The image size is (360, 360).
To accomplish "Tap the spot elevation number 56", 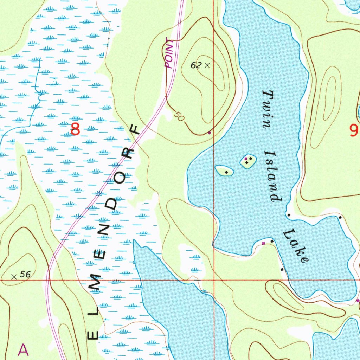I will point(25,275).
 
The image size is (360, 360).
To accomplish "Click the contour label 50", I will point(179,117).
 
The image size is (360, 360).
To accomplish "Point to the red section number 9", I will point(354,130).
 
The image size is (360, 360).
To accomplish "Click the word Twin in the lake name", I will point(267,110).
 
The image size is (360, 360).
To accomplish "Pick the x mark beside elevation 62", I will point(207,65).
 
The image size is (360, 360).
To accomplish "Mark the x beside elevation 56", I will point(14,277).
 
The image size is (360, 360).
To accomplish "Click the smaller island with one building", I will point(224,171).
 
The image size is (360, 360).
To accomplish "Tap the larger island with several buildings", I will point(248,161).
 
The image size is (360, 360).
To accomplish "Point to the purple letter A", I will point(23,350).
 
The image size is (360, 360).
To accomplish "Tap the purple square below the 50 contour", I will point(210,133).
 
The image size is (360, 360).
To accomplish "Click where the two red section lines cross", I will point(214,280).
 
